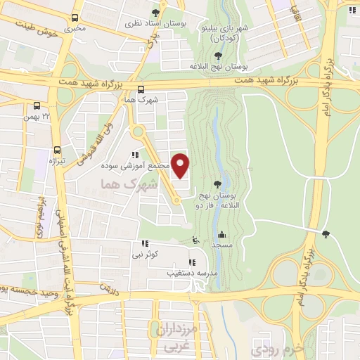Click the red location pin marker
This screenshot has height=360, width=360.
(181, 166)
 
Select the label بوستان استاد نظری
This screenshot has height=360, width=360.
(132, 23)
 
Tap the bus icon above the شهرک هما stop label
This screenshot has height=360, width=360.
(141, 89)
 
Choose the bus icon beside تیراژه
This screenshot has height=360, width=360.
(57, 150)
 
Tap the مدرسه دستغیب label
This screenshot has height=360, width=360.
(186, 271)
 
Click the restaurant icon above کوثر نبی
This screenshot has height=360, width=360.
(145, 243)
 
